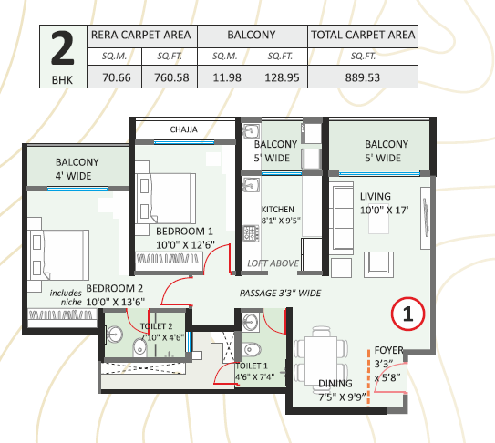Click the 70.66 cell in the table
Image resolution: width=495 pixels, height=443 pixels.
click(x=117, y=77)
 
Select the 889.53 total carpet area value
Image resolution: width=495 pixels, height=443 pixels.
click(x=363, y=77)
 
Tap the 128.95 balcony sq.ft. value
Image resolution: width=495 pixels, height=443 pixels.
click(x=282, y=77)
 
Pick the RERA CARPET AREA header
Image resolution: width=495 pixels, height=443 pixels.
click(x=140, y=35)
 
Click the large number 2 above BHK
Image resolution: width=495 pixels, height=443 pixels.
click(x=63, y=48)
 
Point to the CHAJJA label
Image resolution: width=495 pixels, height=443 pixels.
click(x=184, y=129)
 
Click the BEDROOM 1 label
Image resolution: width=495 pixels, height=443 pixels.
click(x=184, y=232)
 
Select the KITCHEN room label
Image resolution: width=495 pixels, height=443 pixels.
click(x=277, y=210)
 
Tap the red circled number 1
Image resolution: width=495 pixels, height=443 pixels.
click(x=407, y=314)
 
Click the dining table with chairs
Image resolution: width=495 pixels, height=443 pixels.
click(x=321, y=356)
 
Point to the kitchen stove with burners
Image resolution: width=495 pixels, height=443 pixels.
click(x=251, y=233)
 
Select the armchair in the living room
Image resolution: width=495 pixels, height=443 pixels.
click(x=378, y=264)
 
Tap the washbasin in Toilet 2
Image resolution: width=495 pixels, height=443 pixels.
click(x=114, y=335)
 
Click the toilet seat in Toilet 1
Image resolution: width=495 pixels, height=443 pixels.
click(x=252, y=350)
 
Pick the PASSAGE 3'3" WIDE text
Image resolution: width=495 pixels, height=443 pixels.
click(x=280, y=294)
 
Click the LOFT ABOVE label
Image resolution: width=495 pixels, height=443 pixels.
click(x=273, y=263)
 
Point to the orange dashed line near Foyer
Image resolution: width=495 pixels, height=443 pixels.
click(x=368, y=376)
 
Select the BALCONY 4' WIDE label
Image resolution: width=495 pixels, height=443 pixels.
click(x=77, y=169)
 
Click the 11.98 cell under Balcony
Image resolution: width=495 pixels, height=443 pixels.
click(x=227, y=77)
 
